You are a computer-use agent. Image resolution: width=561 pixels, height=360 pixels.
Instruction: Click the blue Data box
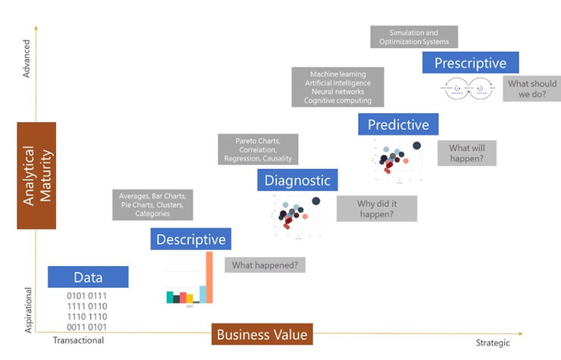point(88,277)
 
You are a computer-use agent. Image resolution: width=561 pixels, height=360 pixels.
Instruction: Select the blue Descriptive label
point(191,239)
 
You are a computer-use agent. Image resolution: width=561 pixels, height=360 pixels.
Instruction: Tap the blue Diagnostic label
point(297,180)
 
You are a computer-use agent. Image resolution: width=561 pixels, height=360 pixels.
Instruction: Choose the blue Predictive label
point(398,124)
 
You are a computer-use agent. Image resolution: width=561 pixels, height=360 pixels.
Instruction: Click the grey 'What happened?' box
point(265,265)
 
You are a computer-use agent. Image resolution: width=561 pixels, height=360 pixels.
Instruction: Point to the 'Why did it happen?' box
point(376,208)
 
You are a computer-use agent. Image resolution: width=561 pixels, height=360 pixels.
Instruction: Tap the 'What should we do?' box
point(531,89)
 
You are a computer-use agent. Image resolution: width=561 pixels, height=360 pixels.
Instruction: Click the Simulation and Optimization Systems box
point(414,37)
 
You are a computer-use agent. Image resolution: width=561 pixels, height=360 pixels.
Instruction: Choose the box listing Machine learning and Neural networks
point(337,87)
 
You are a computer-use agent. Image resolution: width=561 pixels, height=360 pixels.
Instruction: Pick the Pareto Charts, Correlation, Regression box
point(256,149)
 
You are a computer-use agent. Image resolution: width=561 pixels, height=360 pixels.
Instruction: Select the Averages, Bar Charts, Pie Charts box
point(152,205)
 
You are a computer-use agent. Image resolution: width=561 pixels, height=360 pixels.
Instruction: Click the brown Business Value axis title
point(262,334)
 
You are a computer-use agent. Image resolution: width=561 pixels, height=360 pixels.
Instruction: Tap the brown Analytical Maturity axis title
point(36,175)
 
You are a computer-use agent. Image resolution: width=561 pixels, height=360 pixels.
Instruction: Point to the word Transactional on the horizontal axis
point(78,341)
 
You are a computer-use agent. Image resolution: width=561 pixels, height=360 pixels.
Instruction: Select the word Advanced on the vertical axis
point(27,60)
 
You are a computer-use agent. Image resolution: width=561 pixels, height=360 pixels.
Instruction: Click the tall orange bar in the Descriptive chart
point(210,277)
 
